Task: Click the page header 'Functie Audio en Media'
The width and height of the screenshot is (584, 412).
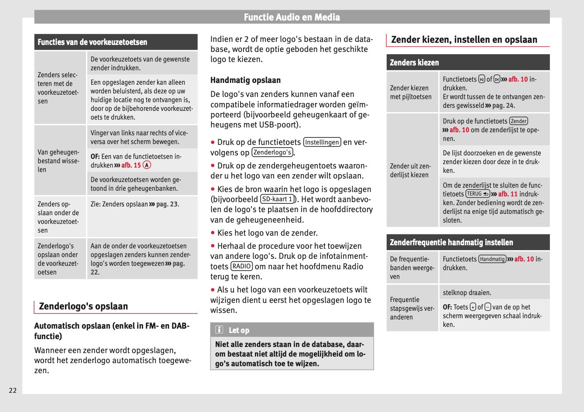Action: [292, 17]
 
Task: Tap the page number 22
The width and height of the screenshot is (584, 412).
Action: [13, 390]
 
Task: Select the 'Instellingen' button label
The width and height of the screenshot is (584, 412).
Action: [322, 142]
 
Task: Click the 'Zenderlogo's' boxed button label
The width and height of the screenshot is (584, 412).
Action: [272, 152]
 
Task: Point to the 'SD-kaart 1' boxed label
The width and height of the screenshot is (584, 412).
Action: [277, 199]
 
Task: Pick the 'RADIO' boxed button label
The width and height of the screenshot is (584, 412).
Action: [241, 266]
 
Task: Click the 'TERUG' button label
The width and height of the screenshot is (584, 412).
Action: [478, 194]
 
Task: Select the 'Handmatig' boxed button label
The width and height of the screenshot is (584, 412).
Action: [492, 259]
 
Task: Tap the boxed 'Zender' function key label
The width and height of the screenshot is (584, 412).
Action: [519, 121]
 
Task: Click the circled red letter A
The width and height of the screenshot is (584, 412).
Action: [147, 165]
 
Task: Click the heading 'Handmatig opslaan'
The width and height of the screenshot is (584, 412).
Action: [245, 80]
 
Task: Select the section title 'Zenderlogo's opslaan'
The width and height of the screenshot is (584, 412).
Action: [83, 306]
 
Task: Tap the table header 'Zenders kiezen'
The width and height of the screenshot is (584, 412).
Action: [414, 62]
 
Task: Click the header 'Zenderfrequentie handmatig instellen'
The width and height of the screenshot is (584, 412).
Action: [451, 242]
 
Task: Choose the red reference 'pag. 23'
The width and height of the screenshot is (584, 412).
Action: [167, 204]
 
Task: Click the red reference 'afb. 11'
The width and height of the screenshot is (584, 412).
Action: [508, 194]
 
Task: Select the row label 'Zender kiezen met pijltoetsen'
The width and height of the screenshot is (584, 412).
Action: [411, 93]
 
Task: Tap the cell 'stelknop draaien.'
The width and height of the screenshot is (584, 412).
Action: [467, 293]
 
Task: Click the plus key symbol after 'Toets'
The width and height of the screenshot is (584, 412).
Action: [473, 307]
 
